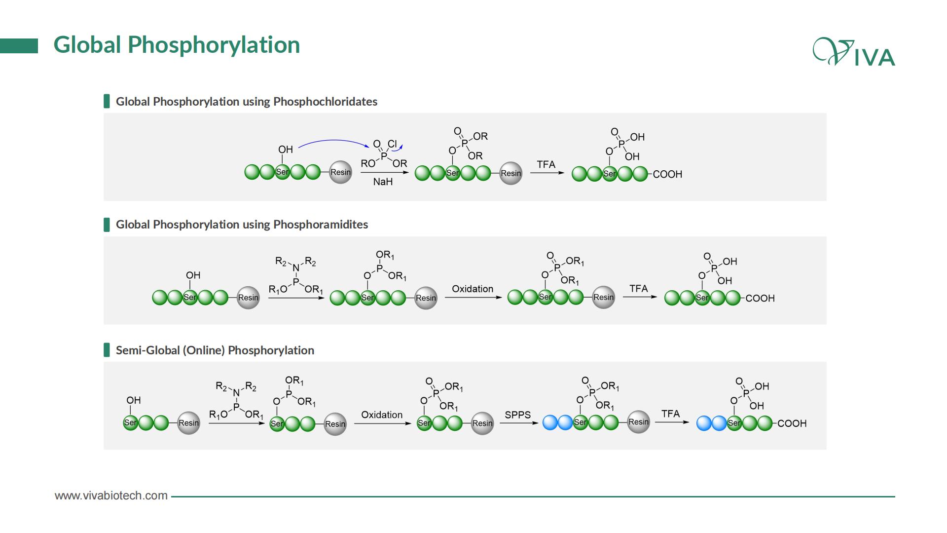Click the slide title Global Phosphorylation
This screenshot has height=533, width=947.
pos(177,45)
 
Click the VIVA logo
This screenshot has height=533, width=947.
pos(854,52)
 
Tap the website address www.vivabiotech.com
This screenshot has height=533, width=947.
pos(111,495)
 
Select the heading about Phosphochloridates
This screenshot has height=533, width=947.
pos(247,102)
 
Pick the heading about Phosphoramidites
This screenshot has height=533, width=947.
pos(242,225)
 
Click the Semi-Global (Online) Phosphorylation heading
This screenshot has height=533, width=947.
pos(215,350)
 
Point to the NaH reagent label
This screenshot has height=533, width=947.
pos(383,182)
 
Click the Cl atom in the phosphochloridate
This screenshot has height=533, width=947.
pos(392,144)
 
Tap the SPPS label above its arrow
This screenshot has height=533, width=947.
pos(517,415)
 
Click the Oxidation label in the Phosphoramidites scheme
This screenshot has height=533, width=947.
pos(473,289)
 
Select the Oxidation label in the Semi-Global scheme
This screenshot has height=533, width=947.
pos(382,415)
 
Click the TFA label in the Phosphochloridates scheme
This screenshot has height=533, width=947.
pos(546,164)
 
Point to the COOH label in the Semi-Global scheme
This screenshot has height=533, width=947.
pos(792,423)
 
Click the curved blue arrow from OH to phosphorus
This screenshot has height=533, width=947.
pos(333,141)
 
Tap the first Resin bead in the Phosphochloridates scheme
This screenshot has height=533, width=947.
pos(340,172)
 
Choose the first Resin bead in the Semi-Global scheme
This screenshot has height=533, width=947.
pos(188,423)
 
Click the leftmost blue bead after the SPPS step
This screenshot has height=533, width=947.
pos(550,422)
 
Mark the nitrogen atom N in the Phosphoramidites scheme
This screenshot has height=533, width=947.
pos(296,268)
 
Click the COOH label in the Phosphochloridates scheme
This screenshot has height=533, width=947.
pos(667,174)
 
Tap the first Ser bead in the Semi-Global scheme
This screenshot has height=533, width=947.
pos(130,422)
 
